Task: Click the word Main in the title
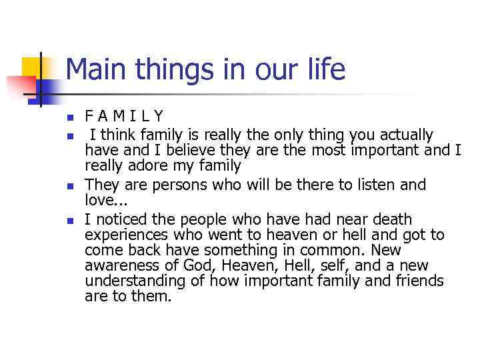(95, 69)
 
